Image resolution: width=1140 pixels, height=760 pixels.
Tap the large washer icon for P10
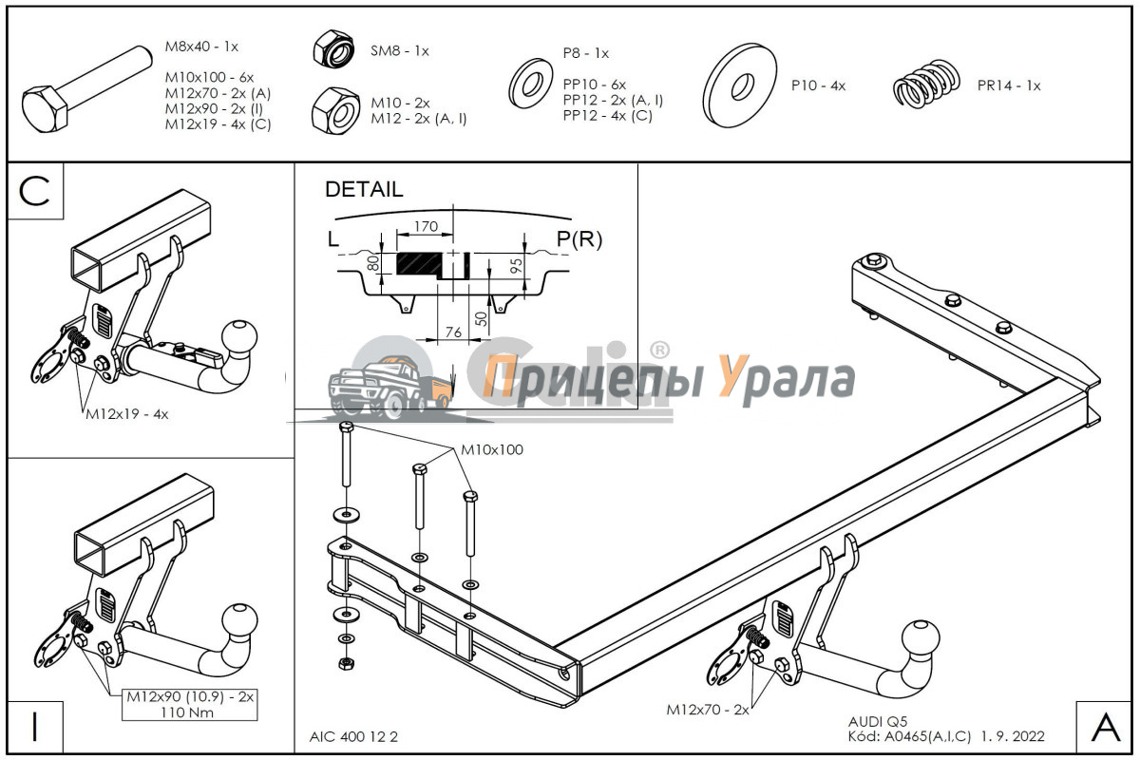(x=741, y=85)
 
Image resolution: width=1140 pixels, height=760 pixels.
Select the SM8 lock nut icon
(x=332, y=48)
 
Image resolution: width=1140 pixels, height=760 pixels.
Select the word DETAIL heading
(x=363, y=189)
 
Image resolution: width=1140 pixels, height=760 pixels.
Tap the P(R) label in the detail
(x=579, y=239)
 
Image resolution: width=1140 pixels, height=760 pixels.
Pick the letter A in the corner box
(x=1106, y=727)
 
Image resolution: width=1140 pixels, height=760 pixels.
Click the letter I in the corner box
(x=34, y=727)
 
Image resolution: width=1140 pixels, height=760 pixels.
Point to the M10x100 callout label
(x=492, y=449)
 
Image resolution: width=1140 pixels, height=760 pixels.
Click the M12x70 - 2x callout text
(x=708, y=709)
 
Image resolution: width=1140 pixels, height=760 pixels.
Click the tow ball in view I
(x=238, y=623)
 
